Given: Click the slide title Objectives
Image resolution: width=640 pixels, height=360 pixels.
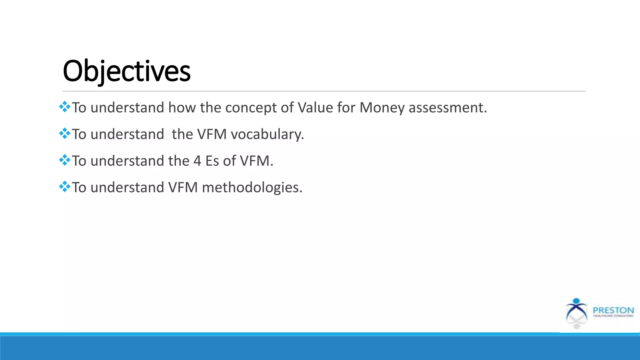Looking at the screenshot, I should [x=127, y=71].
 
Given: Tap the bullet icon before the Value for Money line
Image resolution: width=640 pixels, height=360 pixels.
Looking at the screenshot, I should [x=65, y=107].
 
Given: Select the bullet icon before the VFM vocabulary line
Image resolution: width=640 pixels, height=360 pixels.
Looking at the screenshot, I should [x=65, y=133].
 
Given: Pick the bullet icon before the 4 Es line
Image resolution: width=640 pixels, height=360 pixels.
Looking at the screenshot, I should [x=65, y=160].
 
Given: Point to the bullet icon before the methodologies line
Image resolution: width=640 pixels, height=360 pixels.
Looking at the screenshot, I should [x=65, y=187].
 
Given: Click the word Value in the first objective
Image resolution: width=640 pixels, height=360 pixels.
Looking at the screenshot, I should [x=315, y=107].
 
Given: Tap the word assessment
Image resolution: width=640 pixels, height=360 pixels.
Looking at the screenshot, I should [x=447, y=107].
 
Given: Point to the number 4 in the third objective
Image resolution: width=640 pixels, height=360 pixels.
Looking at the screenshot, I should [x=197, y=161].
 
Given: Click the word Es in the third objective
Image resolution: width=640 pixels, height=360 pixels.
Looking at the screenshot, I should [x=212, y=161].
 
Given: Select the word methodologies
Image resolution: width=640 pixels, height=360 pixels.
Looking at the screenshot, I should [x=252, y=187].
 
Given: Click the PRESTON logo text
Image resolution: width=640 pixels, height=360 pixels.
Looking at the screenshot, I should [x=613, y=310].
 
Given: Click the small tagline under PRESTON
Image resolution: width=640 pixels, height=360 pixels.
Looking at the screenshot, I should [x=613, y=316].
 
